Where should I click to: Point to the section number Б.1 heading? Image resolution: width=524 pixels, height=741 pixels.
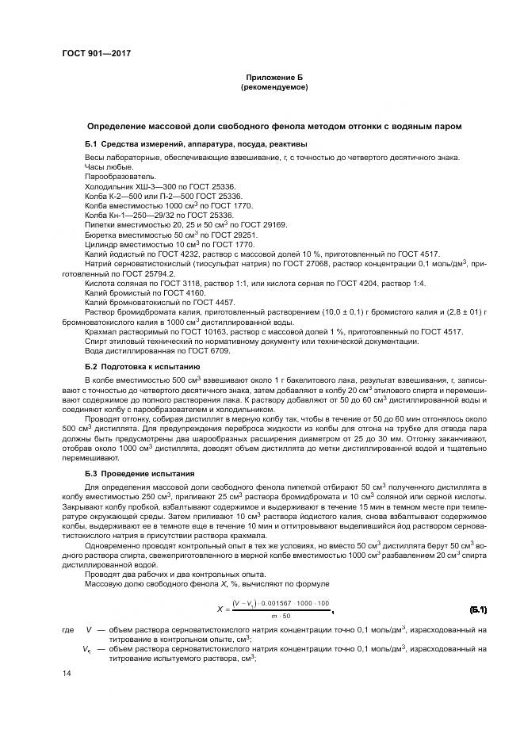tap(94, 143)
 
